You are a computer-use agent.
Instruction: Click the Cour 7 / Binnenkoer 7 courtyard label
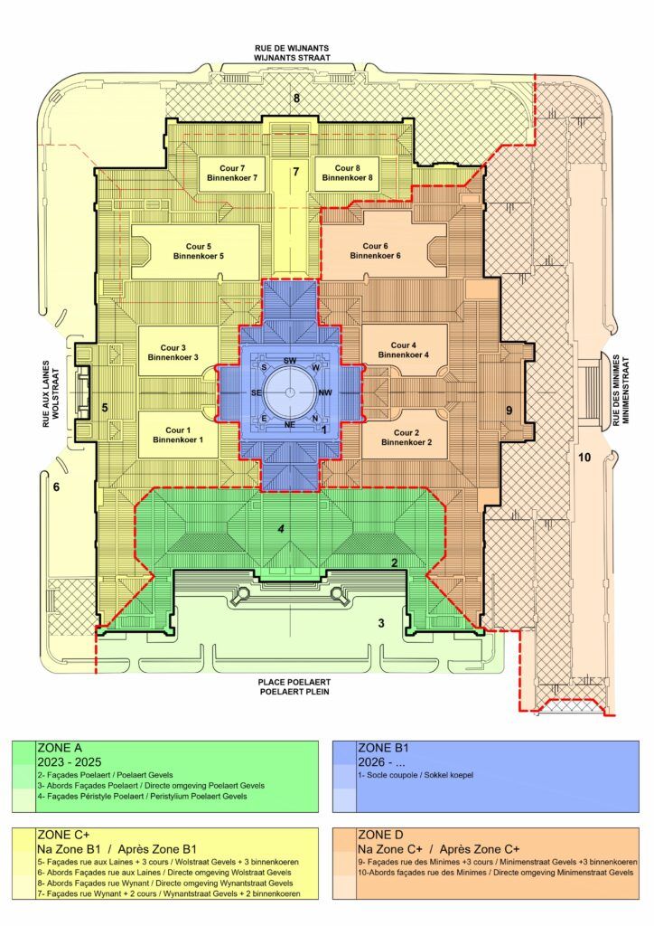tap(232, 173)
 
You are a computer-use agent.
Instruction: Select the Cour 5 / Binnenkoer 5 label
tap(198, 251)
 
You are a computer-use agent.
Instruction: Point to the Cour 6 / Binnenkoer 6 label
tap(375, 251)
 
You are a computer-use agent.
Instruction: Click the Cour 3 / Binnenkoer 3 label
tap(173, 353)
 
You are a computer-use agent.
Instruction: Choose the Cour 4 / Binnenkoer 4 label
tap(404, 350)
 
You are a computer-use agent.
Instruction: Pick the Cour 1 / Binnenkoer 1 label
tap(178, 435)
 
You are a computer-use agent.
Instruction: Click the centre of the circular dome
tap(289, 392)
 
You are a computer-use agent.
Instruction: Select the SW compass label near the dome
tap(290, 360)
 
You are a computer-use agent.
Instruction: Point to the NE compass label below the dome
tap(290, 425)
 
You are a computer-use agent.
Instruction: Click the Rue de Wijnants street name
tap(292, 48)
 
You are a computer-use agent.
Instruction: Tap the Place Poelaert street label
tap(295, 682)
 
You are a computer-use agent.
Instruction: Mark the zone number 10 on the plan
tap(584, 457)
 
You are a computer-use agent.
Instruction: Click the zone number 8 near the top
tap(296, 98)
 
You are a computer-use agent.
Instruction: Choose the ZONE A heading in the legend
tap(60, 748)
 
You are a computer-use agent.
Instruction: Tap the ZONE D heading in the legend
tap(381, 836)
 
